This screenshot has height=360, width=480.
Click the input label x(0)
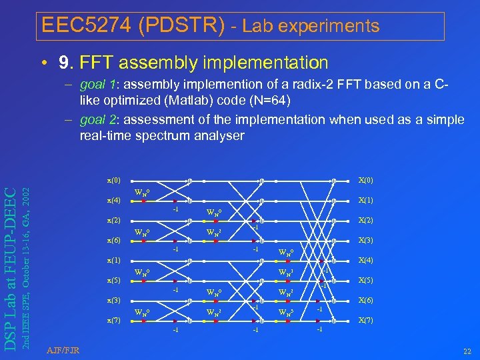[114, 180]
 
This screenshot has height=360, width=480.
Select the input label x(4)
[114, 200]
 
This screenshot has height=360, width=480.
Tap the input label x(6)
[114, 240]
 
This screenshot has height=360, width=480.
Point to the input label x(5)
[114, 280]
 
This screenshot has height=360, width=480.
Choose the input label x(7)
[114, 320]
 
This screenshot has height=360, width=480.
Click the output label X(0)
[365, 180]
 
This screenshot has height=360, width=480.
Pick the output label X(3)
[365, 240]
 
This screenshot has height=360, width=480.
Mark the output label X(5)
[365, 280]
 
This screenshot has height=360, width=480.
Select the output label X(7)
[365, 320]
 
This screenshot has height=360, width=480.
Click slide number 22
[466, 351]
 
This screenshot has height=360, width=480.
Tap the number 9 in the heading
[65, 63]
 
